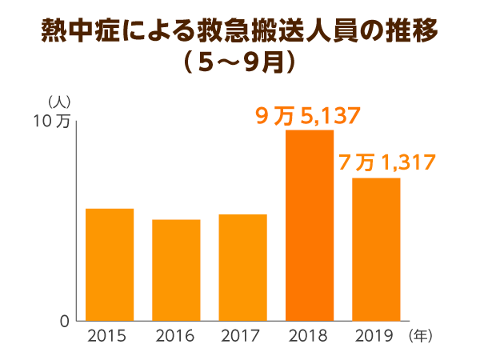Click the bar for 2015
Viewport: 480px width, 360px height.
pos(110,264)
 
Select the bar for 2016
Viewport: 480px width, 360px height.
pos(176,270)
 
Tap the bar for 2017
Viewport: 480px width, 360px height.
pos(242,267)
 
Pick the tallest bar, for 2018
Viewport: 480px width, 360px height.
pos(309,225)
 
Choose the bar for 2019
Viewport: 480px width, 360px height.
pos(376,249)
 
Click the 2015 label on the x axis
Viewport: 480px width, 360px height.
pos(110,336)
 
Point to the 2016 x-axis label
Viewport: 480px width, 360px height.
pos(176,336)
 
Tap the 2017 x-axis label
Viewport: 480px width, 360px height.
pos(242,336)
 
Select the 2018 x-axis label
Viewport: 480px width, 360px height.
pos(309,336)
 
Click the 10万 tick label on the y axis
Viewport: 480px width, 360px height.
pos(53,122)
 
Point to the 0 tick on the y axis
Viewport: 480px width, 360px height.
pos(64,321)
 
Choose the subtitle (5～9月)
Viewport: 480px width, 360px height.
pos(240,63)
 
